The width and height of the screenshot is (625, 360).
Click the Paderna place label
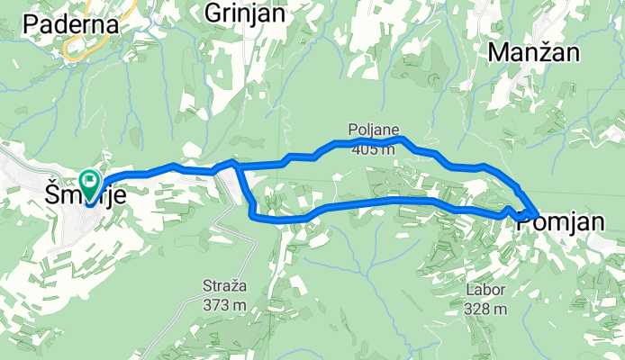click(73, 24)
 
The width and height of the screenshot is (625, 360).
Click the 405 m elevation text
click(374, 148)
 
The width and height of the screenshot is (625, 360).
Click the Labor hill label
click(486, 291)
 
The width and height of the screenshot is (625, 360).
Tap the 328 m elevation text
click(486, 309)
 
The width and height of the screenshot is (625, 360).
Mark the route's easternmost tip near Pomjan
click(538, 213)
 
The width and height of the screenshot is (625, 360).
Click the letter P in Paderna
click(34, 24)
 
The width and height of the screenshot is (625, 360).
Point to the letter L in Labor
click(470, 291)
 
